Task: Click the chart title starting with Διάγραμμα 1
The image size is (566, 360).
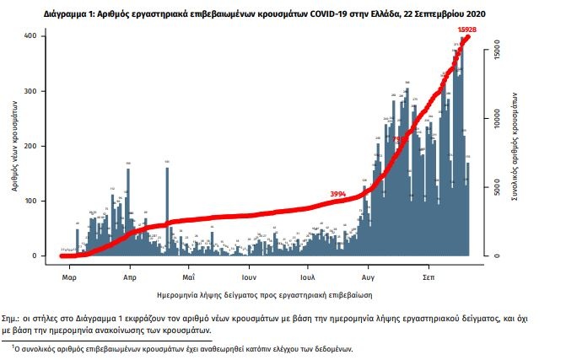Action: (282, 15)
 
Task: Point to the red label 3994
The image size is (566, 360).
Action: (337, 194)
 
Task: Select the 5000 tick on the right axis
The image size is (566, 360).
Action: (498, 187)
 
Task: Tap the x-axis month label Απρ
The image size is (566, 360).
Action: (130, 276)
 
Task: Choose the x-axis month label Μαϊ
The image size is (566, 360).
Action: (189, 276)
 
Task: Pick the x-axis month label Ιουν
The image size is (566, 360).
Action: (248, 276)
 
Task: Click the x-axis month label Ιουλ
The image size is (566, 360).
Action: (307, 276)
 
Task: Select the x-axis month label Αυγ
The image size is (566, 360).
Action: (369, 276)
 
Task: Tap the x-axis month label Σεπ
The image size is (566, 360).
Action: (428, 276)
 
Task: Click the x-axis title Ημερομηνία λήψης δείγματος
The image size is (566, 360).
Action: (265, 295)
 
